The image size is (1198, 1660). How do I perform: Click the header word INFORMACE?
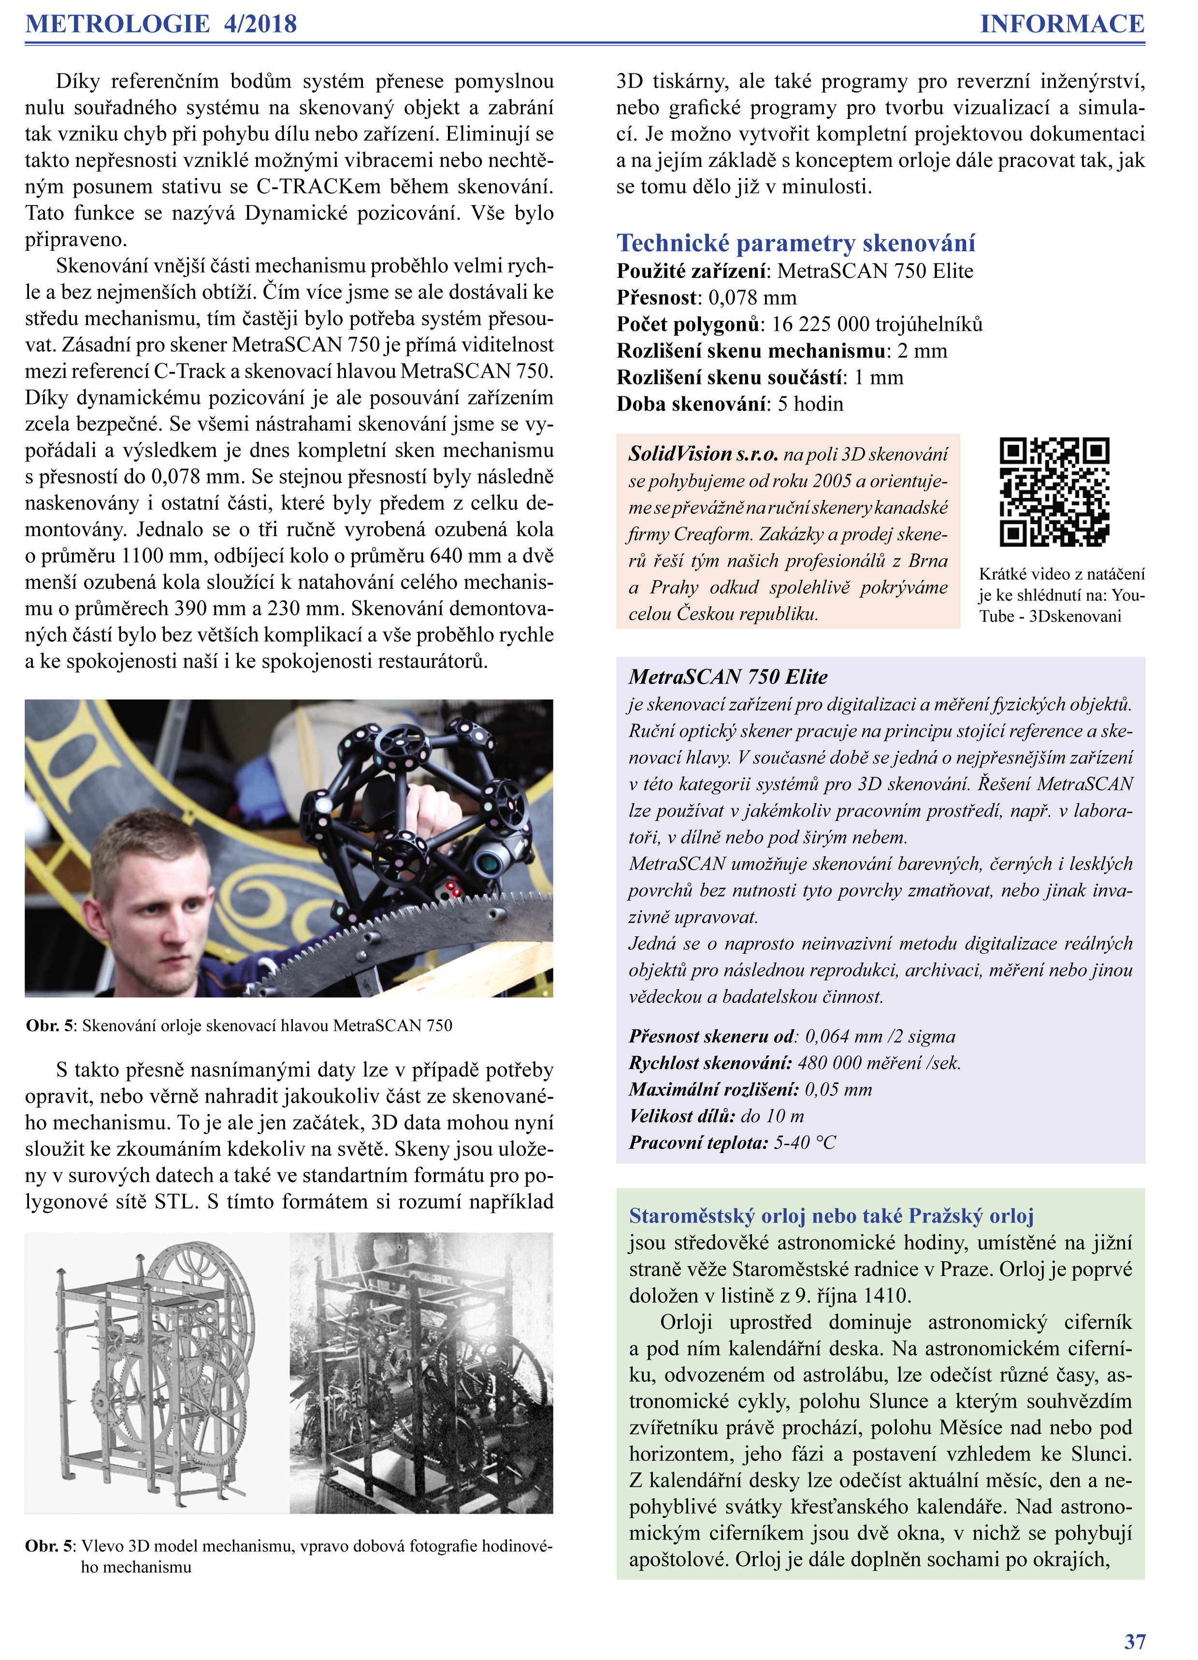coord(1062,24)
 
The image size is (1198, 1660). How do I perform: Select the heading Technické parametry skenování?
coord(795,243)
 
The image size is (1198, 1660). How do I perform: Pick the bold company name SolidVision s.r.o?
coord(703,454)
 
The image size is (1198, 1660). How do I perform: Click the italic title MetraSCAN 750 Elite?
coord(728,677)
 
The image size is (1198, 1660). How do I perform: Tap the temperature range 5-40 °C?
coord(805,1143)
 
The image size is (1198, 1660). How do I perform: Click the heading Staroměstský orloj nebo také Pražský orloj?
coord(831,1216)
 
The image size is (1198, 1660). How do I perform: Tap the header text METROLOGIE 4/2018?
coord(161,24)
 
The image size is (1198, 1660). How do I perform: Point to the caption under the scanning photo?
coord(239,1025)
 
